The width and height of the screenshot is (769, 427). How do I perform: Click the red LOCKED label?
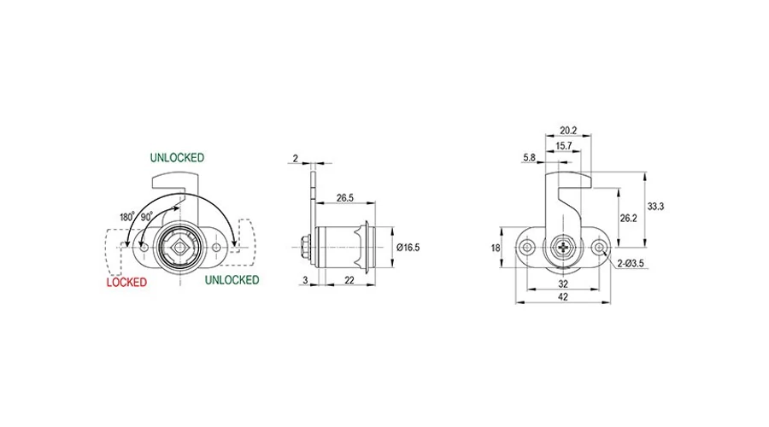[126, 283]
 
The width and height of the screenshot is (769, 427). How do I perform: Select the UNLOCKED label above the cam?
[177, 158]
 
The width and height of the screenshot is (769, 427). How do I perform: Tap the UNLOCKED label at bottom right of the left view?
[232, 280]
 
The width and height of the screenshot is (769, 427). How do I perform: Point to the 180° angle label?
[127, 217]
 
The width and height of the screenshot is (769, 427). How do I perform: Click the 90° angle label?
[147, 217]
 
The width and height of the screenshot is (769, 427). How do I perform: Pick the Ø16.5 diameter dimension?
[408, 248]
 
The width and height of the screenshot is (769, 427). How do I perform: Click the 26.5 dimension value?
[345, 198]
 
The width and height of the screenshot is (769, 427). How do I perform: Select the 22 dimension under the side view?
[349, 280]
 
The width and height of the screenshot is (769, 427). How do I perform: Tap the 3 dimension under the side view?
[305, 280]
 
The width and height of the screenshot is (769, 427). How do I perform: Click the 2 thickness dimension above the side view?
[296, 158]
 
